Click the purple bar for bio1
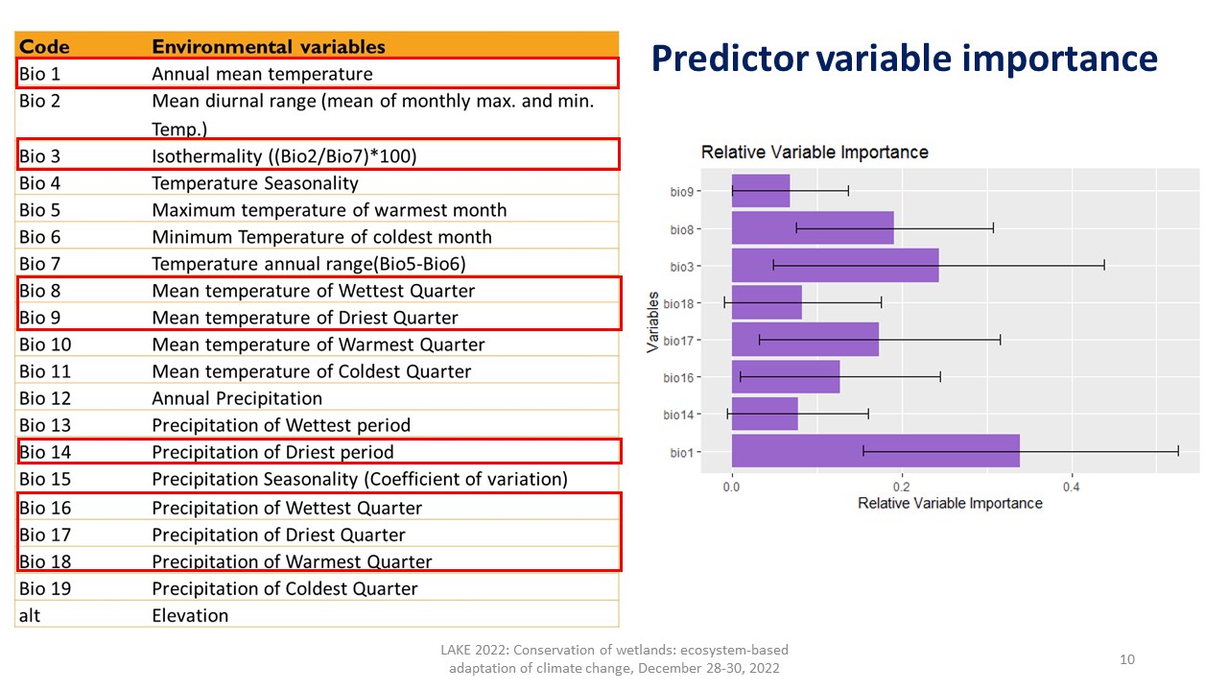[x=875, y=451]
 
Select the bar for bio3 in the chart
[x=835, y=265]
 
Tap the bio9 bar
[x=761, y=191]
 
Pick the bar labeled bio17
[x=805, y=340]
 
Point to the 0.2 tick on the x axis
[x=902, y=486]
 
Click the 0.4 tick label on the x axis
[x=1072, y=486]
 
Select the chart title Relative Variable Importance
[x=815, y=153]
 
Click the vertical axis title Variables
[x=654, y=322]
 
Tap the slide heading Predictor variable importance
[x=904, y=59]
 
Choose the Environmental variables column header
[x=269, y=46]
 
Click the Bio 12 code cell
[x=44, y=398]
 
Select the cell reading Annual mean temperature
[x=262, y=74]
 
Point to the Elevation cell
[x=190, y=615]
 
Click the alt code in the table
[x=30, y=615]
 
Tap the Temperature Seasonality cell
[x=255, y=183]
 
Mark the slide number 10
[x=1127, y=659]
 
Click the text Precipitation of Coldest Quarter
[x=285, y=588]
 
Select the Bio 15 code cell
[x=44, y=479]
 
